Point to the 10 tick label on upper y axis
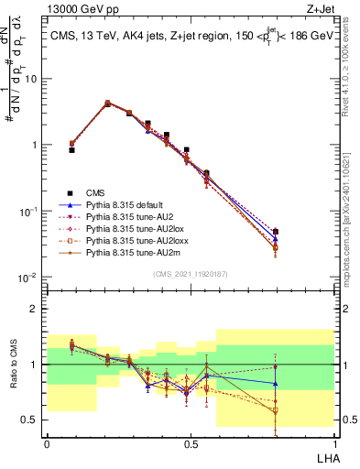pos(30,79)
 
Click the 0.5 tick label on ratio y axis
pos(32,420)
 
